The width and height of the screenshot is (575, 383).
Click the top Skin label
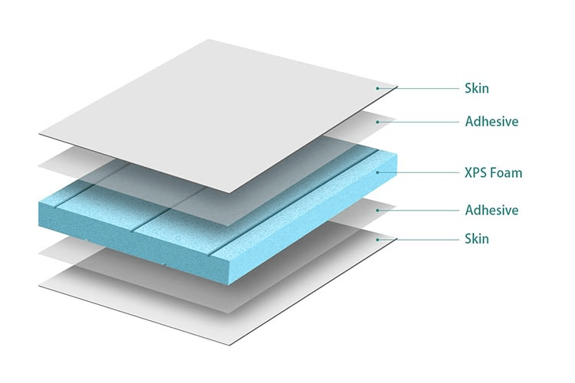click(x=477, y=88)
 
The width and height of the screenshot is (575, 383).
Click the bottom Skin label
click(x=477, y=239)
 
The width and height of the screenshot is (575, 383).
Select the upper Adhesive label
click(x=491, y=121)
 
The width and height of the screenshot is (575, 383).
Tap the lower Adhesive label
click(x=491, y=210)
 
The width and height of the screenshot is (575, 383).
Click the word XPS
click(x=475, y=172)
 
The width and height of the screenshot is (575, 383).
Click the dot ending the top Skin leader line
click(x=377, y=88)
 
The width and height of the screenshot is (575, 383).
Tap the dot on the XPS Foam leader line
click(x=377, y=172)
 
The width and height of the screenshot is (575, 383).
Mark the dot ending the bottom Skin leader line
click(x=377, y=240)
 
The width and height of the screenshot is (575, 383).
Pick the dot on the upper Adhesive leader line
click(x=377, y=122)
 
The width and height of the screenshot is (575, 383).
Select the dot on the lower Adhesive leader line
click(x=377, y=211)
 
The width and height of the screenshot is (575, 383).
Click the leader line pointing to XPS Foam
click(x=418, y=172)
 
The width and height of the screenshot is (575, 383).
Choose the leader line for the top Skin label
click(x=418, y=88)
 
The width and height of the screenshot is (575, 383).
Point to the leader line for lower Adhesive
click(x=418, y=211)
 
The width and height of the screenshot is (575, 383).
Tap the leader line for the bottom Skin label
click(x=418, y=240)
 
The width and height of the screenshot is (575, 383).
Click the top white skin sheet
click(x=219, y=116)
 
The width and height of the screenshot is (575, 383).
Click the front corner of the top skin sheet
click(x=229, y=193)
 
